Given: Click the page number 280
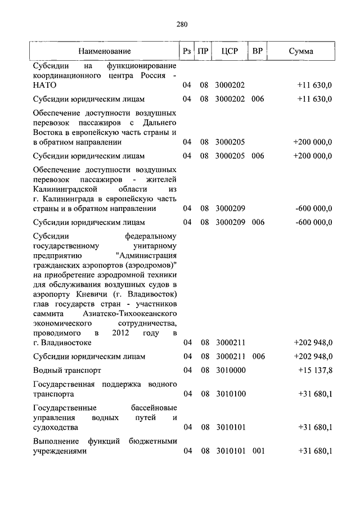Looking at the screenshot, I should (x=181, y=24).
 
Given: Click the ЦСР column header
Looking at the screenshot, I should (x=230, y=52).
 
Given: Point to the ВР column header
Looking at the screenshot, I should (x=258, y=52).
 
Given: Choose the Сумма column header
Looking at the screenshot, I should (x=301, y=52).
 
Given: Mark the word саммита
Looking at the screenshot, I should (x=48, y=313).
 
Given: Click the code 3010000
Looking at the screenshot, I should (x=231, y=371).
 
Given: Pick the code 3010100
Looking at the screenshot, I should (x=231, y=394).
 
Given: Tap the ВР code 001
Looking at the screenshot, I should (x=258, y=452).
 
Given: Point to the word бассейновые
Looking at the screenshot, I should (x=150, y=408).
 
